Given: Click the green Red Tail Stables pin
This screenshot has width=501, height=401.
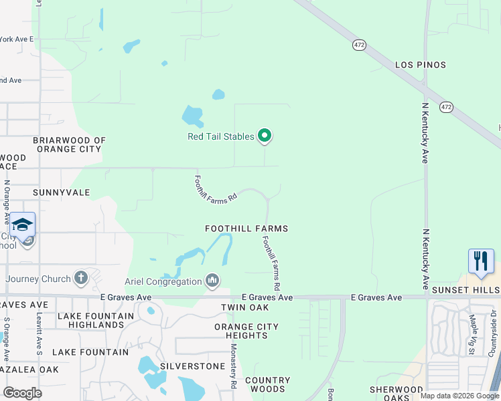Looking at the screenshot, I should click(x=265, y=136).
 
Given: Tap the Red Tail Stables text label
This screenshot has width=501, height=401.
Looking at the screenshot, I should click(x=220, y=136).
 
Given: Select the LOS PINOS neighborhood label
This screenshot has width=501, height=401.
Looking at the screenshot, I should click(x=421, y=65).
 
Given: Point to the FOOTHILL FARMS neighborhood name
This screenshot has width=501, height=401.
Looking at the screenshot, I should click(x=246, y=229).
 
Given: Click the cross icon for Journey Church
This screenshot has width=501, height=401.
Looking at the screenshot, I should click(x=81, y=277).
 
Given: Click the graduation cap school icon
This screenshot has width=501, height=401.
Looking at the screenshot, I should click(x=22, y=224).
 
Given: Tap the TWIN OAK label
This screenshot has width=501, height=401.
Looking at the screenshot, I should click(x=245, y=307).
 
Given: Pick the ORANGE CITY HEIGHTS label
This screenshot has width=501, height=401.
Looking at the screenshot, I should click(x=246, y=331).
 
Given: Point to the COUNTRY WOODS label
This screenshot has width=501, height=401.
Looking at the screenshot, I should click(x=268, y=384).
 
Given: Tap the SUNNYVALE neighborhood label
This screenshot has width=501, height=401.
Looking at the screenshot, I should click(x=62, y=192).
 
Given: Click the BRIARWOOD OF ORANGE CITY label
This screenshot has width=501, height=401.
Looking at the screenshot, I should click(x=70, y=145).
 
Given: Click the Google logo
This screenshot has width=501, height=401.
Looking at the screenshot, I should click(x=22, y=393).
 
